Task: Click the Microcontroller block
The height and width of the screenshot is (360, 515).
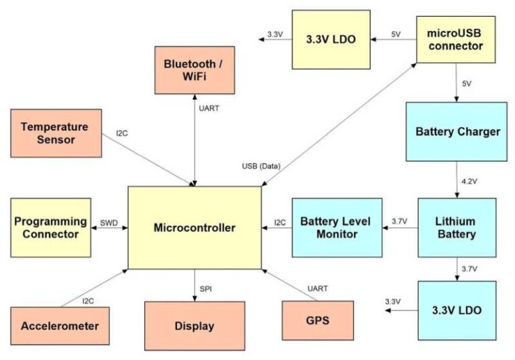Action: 194,228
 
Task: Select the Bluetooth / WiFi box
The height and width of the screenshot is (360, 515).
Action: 194,70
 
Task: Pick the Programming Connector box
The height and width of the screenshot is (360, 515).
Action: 51,227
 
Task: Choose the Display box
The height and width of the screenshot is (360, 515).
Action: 194,326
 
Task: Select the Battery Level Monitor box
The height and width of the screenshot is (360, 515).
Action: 337,227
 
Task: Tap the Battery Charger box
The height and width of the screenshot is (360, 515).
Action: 457,131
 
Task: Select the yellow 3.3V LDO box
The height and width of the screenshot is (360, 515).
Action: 331,40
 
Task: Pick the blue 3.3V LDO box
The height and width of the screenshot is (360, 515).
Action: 457,310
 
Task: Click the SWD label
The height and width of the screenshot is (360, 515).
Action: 109,222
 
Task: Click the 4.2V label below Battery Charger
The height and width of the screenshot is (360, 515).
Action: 469,182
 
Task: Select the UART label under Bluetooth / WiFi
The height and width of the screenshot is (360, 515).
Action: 209,107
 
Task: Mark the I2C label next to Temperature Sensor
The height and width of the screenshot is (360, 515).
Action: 121,133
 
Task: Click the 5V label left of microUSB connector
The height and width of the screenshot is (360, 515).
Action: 396,34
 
